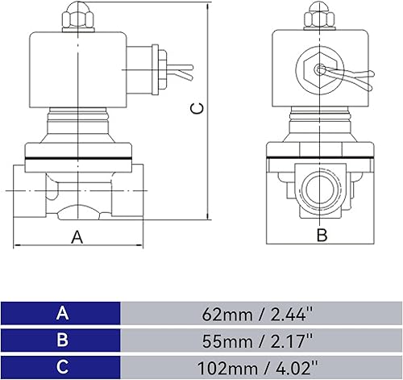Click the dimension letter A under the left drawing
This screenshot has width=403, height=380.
point(77,236)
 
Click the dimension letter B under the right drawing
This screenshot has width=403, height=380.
point(321,236)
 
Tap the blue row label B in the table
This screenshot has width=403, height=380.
point(61,339)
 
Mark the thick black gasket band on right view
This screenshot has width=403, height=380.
point(321,156)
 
